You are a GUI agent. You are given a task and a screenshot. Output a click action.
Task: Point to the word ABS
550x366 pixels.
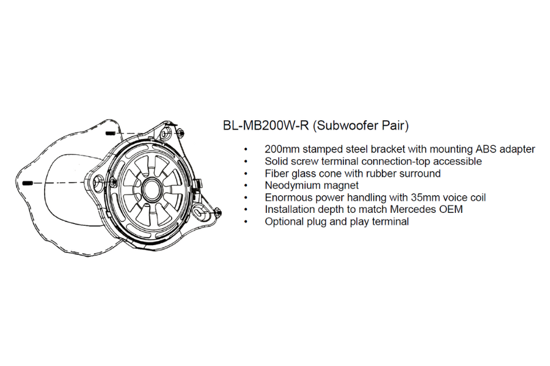tap(486, 149)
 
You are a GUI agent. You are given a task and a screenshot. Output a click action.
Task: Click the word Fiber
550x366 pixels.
tap(277, 173)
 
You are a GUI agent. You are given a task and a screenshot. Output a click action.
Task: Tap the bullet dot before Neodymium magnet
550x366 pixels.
tap(246, 185)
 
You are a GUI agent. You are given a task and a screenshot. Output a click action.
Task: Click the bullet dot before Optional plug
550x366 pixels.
tap(246, 221)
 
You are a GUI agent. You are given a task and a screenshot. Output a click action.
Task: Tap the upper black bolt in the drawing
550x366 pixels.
tap(111, 132)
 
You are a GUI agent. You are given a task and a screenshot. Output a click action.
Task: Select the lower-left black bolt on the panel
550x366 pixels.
tap(27, 183)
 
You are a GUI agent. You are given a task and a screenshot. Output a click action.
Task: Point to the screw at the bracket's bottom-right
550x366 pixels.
tap(217, 211)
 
